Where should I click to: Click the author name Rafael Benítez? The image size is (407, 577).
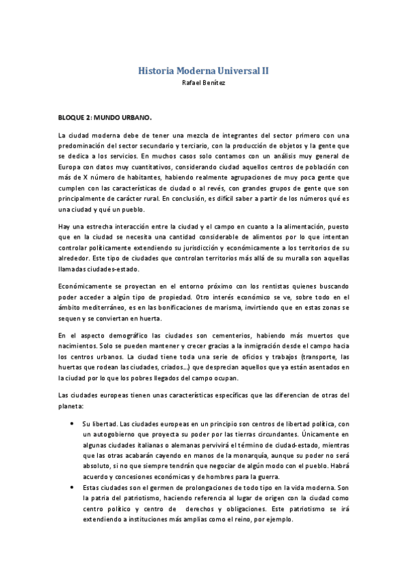click(203, 82)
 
